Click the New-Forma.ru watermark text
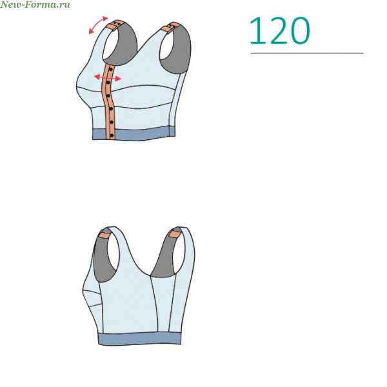pos(35,5)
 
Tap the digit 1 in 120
pos(258,31)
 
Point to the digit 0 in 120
pos(300,31)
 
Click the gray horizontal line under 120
pos(307,53)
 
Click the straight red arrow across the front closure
pos(108,77)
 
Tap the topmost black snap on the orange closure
pos(110,70)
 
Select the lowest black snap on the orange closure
pos(112,135)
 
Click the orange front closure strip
pos(108,101)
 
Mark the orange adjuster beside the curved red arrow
pos(116,25)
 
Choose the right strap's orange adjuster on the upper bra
pos(171,27)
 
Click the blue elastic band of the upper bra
pos(134,134)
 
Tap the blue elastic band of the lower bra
pos(140,338)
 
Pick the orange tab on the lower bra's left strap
pos(104,235)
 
